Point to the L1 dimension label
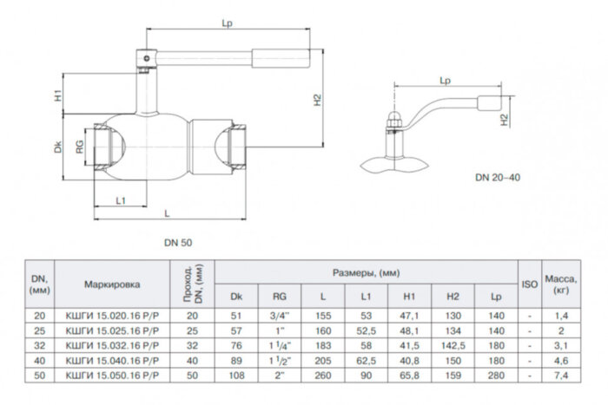pos(122,201)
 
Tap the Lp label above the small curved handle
pos(445,81)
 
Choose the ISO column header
pos(529,284)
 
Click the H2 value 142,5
pos(453,344)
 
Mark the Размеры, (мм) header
pos(366,272)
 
